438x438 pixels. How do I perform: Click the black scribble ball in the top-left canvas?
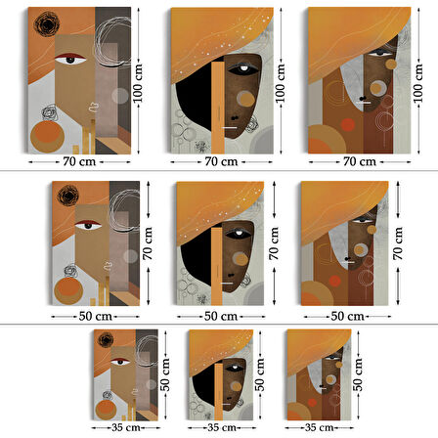(x=47, y=23)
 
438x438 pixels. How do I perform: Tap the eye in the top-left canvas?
(x=70, y=60)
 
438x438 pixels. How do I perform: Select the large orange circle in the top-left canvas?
(x=47, y=137)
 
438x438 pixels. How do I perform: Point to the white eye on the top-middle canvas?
(x=243, y=68)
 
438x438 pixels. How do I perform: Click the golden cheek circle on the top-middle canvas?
(x=246, y=99)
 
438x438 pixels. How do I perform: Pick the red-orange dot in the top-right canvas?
(x=348, y=125)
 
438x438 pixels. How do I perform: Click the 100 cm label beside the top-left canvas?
(x=138, y=83)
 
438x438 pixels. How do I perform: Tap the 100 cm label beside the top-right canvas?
(x=417, y=83)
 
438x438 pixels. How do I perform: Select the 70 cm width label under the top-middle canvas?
(x=221, y=161)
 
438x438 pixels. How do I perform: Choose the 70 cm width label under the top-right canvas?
(x=360, y=161)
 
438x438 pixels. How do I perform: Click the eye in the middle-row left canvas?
(x=88, y=225)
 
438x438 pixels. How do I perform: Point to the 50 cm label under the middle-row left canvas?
(x=96, y=316)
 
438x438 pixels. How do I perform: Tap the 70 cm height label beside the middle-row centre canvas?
(x=274, y=243)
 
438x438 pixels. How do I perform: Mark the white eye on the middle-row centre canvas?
(x=240, y=233)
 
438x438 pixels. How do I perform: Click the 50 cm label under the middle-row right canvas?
(x=347, y=316)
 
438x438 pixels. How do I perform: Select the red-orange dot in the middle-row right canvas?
(x=334, y=281)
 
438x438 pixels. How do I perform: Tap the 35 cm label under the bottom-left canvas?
(x=126, y=427)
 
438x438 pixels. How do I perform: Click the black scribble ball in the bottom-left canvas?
(x=106, y=340)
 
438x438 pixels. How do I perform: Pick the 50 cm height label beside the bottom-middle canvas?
(x=259, y=374)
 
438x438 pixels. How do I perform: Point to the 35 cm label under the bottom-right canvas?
(x=320, y=427)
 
